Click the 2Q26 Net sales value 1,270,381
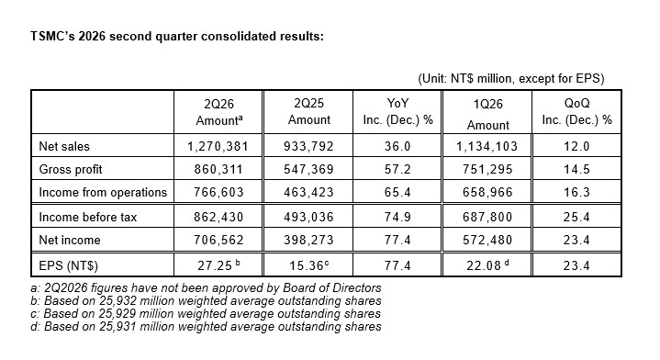pos(218,146)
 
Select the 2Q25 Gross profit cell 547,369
pos(308,169)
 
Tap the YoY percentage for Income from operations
pos(397,193)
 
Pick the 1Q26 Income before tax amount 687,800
pos(487,217)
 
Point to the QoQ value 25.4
pos(576,217)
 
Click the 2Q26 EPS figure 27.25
pos(215,265)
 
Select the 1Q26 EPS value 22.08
pos(484,265)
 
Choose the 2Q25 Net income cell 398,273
pos(308,240)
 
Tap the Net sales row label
pos(64,147)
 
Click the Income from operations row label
pos(103,193)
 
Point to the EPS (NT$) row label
pos(68,265)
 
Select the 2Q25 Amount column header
pos(309,111)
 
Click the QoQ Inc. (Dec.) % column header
pos(576,111)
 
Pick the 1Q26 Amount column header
pos(487,114)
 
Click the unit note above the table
pos(511,79)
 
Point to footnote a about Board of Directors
pos(206,288)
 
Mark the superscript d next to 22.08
pos(507,263)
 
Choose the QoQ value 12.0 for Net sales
pos(576,146)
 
